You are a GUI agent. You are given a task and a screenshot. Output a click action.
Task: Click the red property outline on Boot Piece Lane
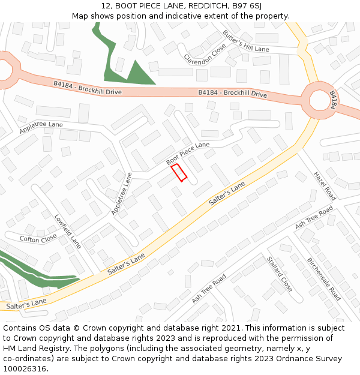[x=179, y=172]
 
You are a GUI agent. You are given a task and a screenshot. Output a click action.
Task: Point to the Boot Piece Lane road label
[x=188, y=154]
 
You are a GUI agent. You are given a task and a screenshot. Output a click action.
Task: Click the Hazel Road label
[x=323, y=185]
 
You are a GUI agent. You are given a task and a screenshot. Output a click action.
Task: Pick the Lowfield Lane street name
[x=67, y=232]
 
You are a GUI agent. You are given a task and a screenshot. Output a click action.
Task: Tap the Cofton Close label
[x=38, y=239]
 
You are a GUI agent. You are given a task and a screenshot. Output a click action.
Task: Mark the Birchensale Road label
[x=324, y=279]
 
